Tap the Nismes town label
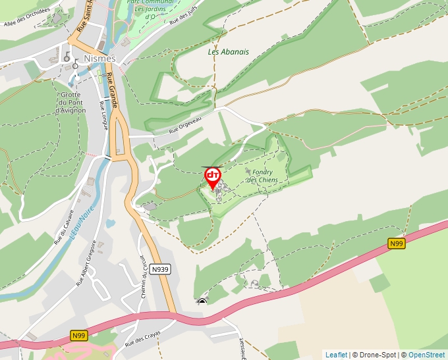click(100, 58)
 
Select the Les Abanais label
click(229, 51)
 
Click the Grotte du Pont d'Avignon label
click(70, 102)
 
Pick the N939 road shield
click(160, 269)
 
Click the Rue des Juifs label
click(183, 15)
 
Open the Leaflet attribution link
click(336, 355)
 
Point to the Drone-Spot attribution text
click(374, 355)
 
